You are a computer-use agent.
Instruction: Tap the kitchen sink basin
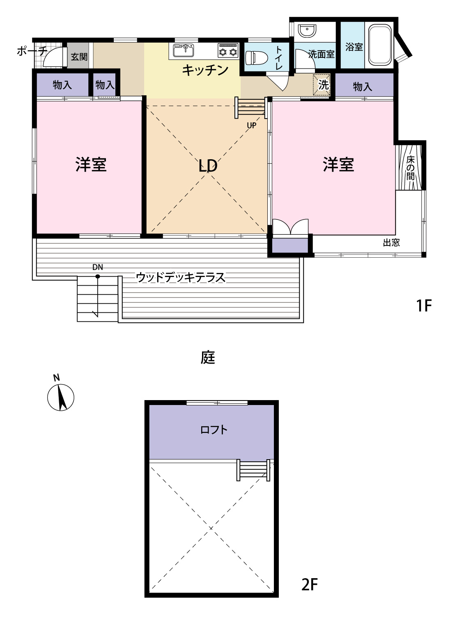coord(184,50)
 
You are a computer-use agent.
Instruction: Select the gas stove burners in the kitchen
coord(228,50)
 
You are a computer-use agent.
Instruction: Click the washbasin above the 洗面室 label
coord(307,30)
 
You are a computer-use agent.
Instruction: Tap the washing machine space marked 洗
coord(322,85)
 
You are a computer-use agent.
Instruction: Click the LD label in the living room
coord(208,166)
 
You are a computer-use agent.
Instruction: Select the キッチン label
coord(205,70)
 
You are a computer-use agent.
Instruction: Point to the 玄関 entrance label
coord(79,57)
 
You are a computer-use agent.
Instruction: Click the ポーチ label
coord(32,51)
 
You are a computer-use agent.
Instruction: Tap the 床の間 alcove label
coord(410,168)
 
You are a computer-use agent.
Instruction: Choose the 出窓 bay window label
coord(391,243)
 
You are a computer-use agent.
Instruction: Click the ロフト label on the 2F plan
coord(214,430)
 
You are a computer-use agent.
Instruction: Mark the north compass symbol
coord(61,396)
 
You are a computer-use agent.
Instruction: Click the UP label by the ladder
coord(252,126)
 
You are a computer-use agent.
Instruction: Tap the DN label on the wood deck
coord(98,267)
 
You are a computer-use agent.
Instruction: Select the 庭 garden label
coord(208,357)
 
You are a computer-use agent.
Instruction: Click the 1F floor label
coord(424,305)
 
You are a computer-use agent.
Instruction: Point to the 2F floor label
coord(309,584)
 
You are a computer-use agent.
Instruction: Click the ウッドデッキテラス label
coord(181,277)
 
